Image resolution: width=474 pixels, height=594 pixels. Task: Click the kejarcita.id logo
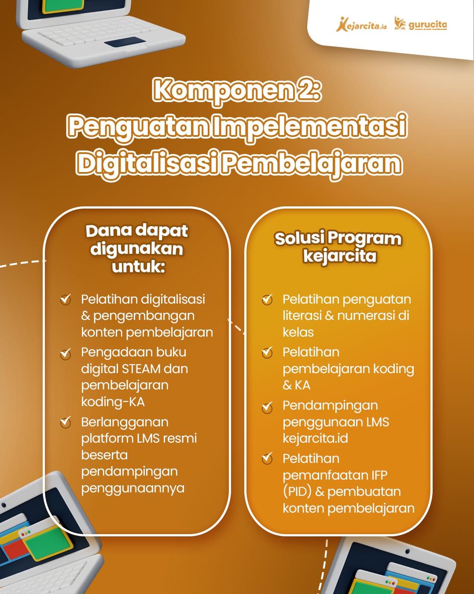tap(361, 25)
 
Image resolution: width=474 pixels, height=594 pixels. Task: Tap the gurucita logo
tap(420, 24)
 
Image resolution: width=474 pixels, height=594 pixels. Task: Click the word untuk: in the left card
tap(138, 267)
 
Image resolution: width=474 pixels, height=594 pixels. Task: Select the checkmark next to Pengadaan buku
tap(66, 354)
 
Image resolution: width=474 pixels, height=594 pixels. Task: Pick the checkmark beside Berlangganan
tap(66, 422)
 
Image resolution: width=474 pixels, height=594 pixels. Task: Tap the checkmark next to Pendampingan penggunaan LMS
tap(267, 407)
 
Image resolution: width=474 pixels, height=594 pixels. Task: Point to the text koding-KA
tap(113, 402)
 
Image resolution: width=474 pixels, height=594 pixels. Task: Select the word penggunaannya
tap(133, 488)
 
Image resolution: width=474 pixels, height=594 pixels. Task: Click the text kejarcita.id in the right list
tap(315, 438)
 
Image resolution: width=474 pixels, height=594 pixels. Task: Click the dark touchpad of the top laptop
tap(125, 41)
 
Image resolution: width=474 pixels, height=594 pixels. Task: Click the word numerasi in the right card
tap(362, 316)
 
